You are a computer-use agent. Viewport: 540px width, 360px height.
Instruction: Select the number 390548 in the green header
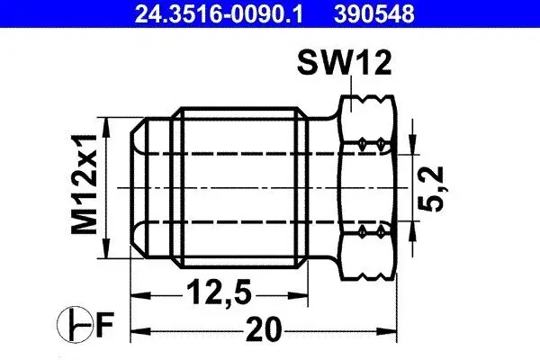(392, 13)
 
